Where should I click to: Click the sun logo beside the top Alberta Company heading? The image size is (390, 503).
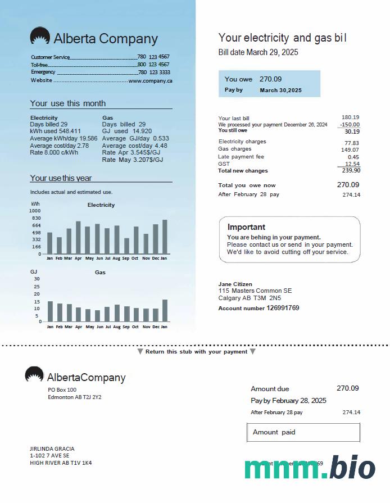click(40, 37)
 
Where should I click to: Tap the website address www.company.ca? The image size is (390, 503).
click(150, 81)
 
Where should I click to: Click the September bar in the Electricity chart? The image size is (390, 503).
click(126, 246)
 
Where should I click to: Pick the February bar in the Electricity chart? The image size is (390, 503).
click(59, 245)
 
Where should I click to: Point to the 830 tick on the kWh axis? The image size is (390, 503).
click(36, 218)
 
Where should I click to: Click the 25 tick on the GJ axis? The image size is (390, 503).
click(37, 286)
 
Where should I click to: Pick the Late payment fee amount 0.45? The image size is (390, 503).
click(353, 157)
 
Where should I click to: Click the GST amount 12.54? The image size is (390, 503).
click(352, 164)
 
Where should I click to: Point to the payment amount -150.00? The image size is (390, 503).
click(350, 125)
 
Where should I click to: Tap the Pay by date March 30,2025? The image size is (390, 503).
click(280, 90)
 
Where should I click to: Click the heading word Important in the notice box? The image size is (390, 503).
click(246, 227)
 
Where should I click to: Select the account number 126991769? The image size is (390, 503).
click(283, 308)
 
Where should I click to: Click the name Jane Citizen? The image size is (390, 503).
click(235, 284)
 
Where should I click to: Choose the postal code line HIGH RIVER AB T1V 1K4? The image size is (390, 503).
click(61, 463)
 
